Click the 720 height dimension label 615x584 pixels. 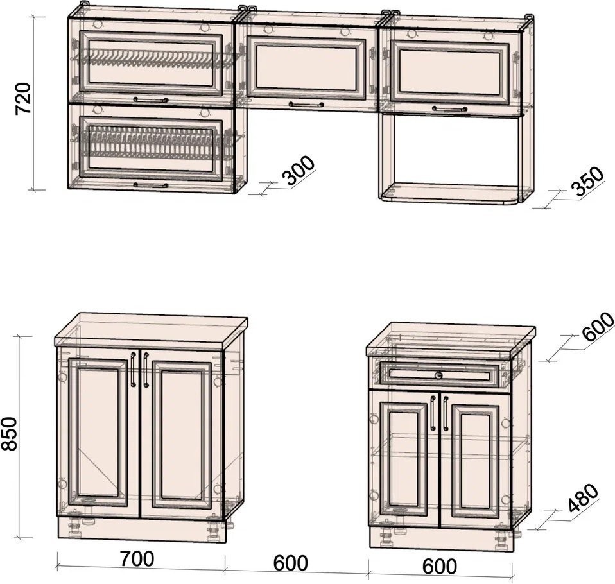[x=22, y=98]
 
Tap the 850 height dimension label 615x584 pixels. [x=9, y=434]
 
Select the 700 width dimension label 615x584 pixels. [x=137, y=559]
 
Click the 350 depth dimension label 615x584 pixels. [x=587, y=181]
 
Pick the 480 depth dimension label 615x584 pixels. [x=584, y=498]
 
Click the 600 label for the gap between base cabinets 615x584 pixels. [x=290, y=563]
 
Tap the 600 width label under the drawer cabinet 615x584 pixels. [x=439, y=566]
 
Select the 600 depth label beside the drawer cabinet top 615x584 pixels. [x=598, y=326]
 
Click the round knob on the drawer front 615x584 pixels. [x=439, y=375]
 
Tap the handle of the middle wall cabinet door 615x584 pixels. [x=306, y=105]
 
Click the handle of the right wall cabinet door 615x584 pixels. [x=449, y=108]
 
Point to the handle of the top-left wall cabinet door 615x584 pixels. [x=151, y=99]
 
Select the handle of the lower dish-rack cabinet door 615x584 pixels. [x=151, y=185]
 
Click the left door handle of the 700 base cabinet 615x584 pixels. [x=133, y=370]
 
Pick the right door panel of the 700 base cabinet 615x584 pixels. [x=181, y=434]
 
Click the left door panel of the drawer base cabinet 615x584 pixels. [x=404, y=459]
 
